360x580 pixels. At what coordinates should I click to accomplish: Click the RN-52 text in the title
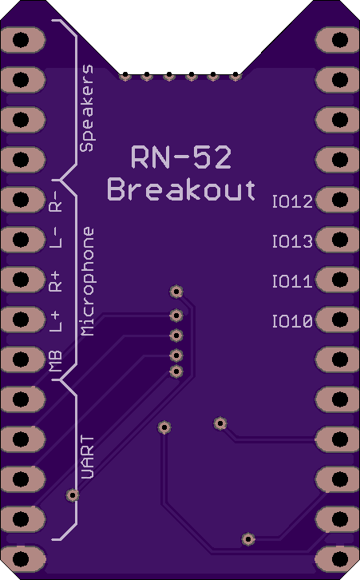181,157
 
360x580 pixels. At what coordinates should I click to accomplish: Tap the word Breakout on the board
181,189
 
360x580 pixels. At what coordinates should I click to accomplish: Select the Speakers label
87,108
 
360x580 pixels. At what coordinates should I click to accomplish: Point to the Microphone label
87,281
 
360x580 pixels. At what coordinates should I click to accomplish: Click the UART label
87,457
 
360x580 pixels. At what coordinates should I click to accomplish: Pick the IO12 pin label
292,201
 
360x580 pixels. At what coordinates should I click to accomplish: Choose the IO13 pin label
292,241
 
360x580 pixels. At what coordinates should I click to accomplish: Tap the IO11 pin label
292,281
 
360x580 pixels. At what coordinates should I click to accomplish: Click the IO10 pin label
292,321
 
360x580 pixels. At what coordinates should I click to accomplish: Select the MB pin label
55,360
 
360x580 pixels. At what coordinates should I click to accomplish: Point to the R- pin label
55,201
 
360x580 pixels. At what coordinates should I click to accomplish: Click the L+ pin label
55,321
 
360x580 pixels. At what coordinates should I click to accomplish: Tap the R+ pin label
55,281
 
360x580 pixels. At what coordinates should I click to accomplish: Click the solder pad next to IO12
338,200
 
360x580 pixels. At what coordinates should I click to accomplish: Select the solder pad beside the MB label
23,359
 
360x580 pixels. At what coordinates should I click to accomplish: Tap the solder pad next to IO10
338,319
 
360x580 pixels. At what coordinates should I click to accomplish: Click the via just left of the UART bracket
73,495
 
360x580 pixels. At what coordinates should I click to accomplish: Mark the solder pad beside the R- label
23,200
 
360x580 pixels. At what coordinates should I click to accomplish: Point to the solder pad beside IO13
338,240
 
